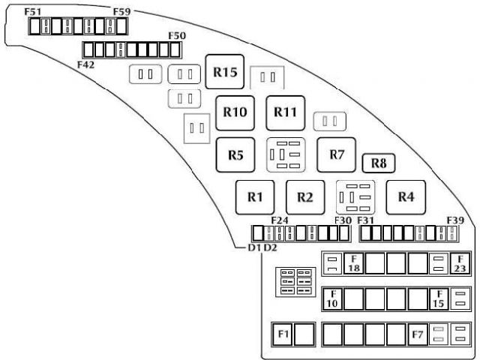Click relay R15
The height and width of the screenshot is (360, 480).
[x=225, y=73]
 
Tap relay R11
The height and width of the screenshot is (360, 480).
[x=285, y=112]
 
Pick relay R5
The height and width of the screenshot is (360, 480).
[x=235, y=155]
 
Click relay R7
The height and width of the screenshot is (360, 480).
[x=336, y=154]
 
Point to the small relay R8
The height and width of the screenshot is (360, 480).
[x=378, y=163]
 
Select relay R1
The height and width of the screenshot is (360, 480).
[x=255, y=197]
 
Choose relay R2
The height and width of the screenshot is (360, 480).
[x=304, y=197]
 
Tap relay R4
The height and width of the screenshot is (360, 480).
[x=406, y=196]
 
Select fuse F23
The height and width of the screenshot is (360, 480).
[x=460, y=263]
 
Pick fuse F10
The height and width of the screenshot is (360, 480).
[x=332, y=298]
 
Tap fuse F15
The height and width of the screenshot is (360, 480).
[x=438, y=298]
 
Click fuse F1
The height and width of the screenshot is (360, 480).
[x=283, y=334]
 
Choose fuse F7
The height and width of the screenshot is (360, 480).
[x=418, y=334]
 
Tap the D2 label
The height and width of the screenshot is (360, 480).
[x=271, y=247]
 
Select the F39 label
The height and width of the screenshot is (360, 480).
[x=457, y=220]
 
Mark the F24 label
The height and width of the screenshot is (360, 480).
[x=280, y=220]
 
